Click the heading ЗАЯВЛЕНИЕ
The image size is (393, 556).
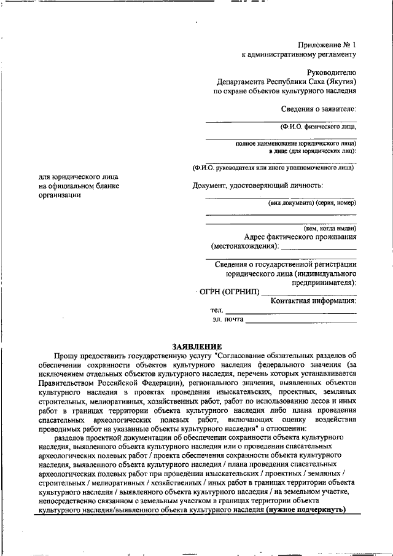pyautogui.click(x=196, y=347)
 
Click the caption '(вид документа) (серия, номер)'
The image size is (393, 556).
pyautogui.click(x=311, y=202)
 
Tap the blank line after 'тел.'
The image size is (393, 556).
pyautogui.click(x=290, y=311)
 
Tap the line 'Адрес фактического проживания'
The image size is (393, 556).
pyautogui.click(x=300, y=237)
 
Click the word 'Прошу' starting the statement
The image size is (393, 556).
pyautogui.click(x=65, y=355)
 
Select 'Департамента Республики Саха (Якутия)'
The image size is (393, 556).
pyautogui.click(x=286, y=81)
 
